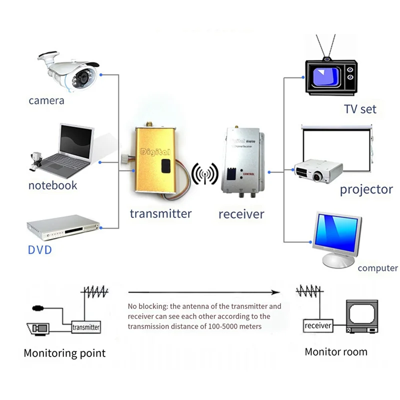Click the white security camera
pos(72,71)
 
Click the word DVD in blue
pos(40,249)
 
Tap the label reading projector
pos(366,189)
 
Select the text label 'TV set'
pos(360,108)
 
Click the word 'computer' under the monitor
pos(377,268)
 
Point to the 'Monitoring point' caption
pos(64,353)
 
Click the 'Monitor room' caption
pos(335,351)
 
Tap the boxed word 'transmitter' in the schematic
pos(86,327)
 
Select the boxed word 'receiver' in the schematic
pos(318,325)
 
